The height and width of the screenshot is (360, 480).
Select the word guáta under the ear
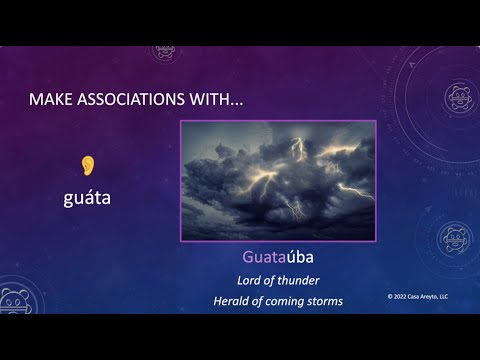pos(86,198)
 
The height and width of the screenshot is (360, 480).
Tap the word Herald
pos(235,301)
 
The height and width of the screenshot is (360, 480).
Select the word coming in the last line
pos(298,301)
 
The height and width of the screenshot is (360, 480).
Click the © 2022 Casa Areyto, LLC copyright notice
pos(424,297)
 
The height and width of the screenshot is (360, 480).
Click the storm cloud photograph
pos(278,180)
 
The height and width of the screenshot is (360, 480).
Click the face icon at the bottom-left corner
pos(17,302)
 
